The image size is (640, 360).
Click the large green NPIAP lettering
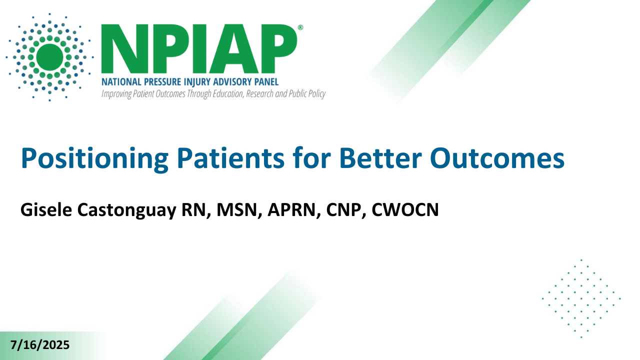tap(199, 49)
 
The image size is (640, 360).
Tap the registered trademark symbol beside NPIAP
tap(300, 27)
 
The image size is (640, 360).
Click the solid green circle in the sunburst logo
tap(49, 57)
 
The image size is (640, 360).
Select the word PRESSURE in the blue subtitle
tap(162, 82)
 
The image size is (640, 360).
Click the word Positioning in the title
tap(95, 159)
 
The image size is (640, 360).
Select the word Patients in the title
tap(231, 158)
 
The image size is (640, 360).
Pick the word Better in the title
tap(380, 158)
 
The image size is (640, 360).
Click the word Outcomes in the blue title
tap(497, 158)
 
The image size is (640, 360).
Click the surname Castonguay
tap(127, 211)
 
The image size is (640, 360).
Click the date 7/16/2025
tap(40, 345)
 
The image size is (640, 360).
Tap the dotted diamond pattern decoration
tap(581, 299)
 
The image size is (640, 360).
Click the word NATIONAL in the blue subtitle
tap(121, 82)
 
